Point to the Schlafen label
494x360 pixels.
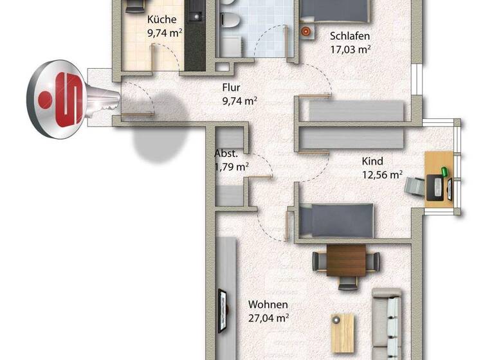[349, 36]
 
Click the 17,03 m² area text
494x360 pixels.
[351, 48]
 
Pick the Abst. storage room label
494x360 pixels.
[226, 154]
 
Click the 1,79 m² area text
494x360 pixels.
[232, 166]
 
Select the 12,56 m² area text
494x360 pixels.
[382, 174]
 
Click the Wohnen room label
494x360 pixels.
[269, 304]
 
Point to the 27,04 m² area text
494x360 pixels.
[269, 317]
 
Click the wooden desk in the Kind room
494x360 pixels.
[441, 179]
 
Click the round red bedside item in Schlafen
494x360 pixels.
[306, 30]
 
